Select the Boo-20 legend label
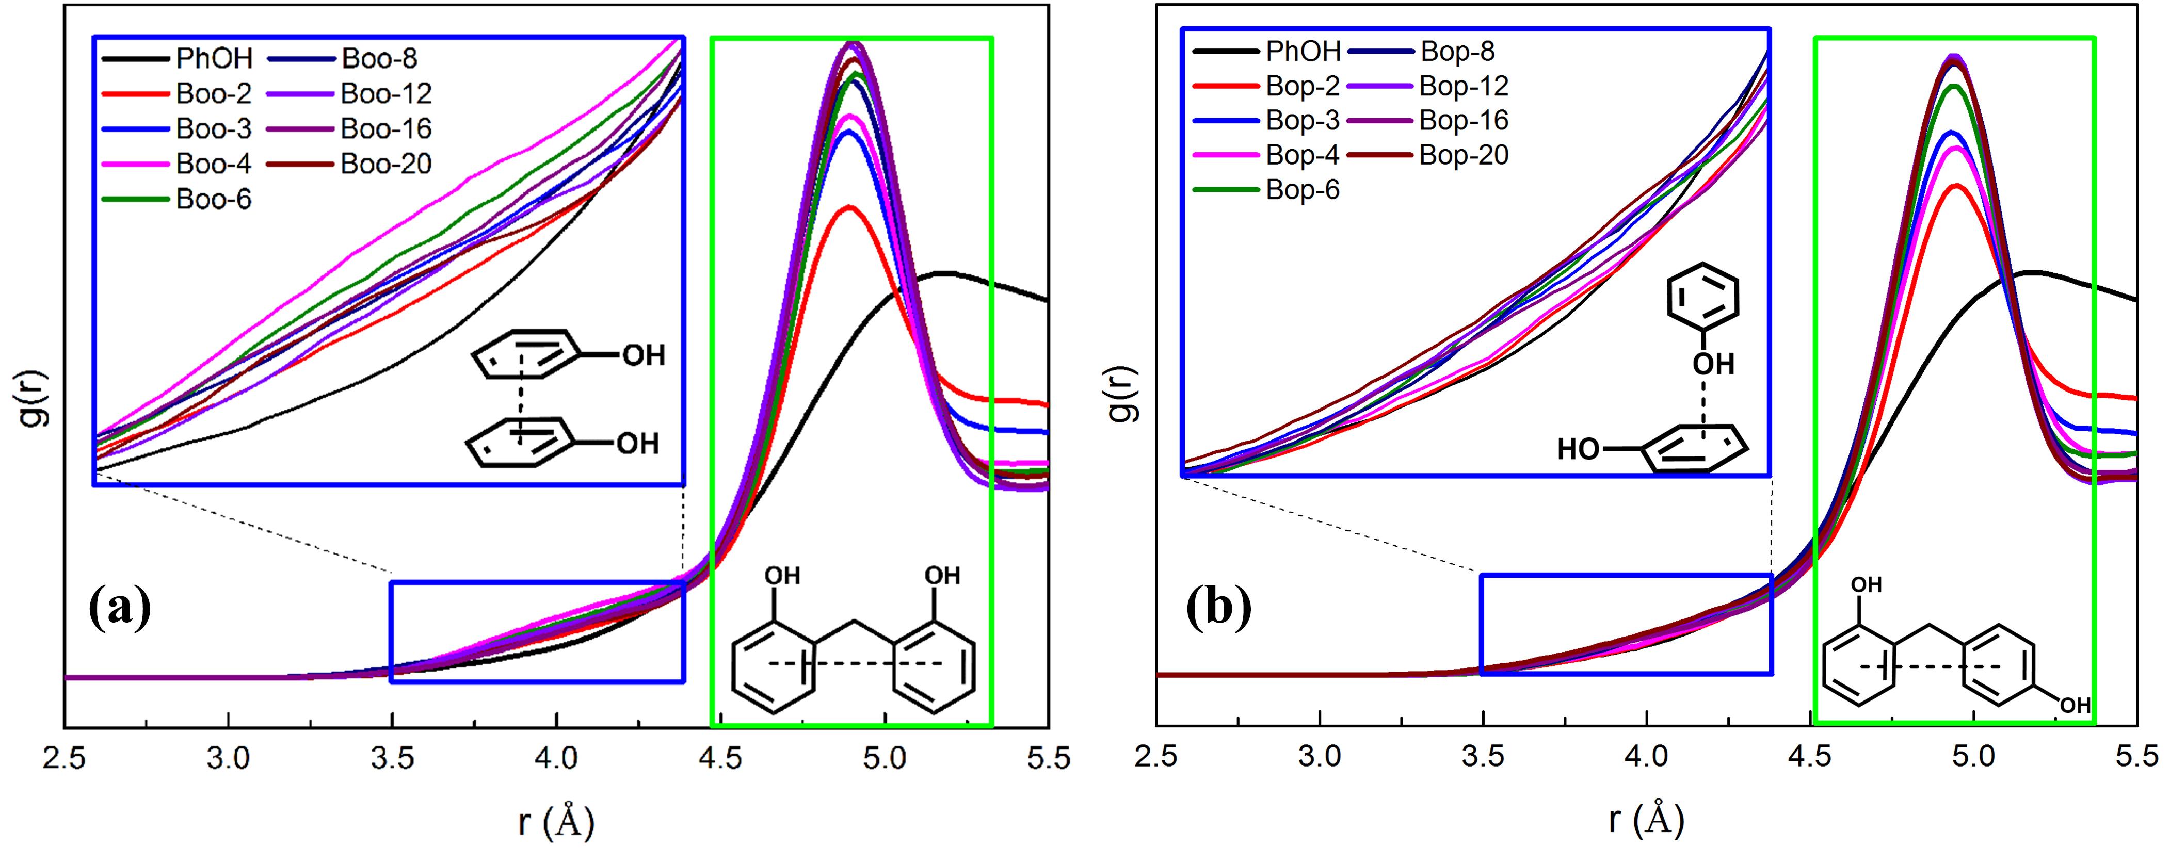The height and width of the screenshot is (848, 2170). pyautogui.click(x=386, y=164)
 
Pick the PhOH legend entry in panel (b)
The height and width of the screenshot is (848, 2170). pyautogui.click(x=1303, y=52)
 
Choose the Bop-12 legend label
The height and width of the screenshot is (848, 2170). pyautogui.click(x=1463, y=86)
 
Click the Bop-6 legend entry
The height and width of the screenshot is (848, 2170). pyautogui.click(x=1303, y=190)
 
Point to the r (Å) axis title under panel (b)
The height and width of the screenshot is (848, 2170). pyautogui.click(x=1646, y=819)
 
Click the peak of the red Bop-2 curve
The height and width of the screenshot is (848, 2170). pyautogui.click(x=1956, y=186)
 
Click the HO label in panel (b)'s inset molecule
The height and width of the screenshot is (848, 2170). pyautogui.click(x=1577, y=450)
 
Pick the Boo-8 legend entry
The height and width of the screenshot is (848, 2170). pyautogui.click(x=379, y=58)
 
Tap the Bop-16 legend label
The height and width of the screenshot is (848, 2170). pyautogui.click(x=1463, y=120)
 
